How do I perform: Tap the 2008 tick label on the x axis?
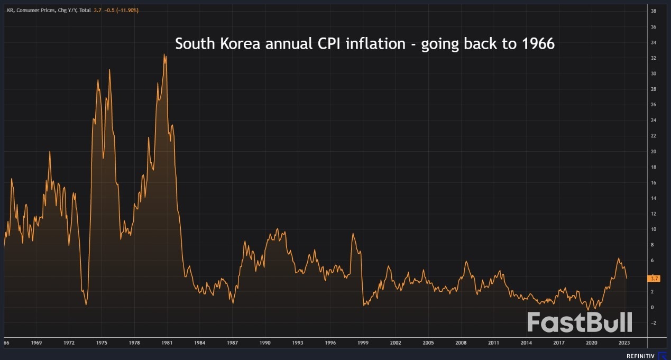point(461,343)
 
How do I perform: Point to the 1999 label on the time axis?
point(363,343)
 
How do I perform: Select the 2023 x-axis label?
point(624,343)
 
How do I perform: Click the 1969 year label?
point(36,343)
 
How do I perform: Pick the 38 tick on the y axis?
point(654,11)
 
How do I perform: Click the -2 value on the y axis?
point(654,322)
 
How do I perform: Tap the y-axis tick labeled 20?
point(654,152)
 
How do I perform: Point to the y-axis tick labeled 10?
point(654,229)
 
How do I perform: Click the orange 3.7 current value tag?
point(654,278)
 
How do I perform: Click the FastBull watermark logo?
point(580,322)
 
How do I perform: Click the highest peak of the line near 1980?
point(164,54)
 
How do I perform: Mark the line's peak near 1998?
point(353,233)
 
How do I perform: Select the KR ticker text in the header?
point(10,10)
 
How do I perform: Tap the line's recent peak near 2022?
point(618,258)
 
